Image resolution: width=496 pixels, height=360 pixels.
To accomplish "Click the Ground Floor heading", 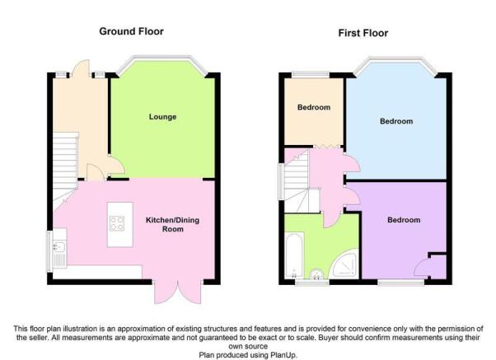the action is pyautogui.click(x=131, y=31).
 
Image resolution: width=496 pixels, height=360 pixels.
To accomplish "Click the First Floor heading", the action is pyautogui.click(x=363, y=33).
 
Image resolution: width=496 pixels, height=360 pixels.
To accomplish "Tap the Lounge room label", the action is pyautogui.click(x=162, y=117).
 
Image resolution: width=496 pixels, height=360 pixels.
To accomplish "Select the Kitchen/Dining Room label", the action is pyautogui.click(x=172, y=224).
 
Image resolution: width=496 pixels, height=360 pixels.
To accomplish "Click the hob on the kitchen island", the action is pyautogui.click(x=117, y=223).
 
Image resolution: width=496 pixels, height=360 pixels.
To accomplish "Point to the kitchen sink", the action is pyautogui.click(x=59, y=247).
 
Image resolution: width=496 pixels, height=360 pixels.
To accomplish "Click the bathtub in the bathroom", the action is pyautogui.click(x=294, y=255).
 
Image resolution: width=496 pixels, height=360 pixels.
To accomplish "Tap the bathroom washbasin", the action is pyautogui.click(x=316, y=274).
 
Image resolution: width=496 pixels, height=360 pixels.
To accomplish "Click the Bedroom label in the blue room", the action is pyautogui.click(x=396, y=121).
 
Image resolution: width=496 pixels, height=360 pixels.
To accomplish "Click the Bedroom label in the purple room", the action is pyautogui.click(x=404, y=220).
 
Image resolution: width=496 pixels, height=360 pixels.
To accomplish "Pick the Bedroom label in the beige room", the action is pyautogui.click(x=314, y=107).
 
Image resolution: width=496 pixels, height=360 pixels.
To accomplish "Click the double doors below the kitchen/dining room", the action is pyautogui.click(x=178, y=292).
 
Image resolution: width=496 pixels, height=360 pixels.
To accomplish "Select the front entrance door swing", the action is pyautogui.click(x=82, y=69).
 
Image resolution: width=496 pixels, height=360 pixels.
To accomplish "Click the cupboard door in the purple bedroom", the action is pyautogui.click(x=422, y=269).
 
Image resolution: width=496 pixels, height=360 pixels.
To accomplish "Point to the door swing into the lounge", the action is pyautogui.click(x=116, y=166).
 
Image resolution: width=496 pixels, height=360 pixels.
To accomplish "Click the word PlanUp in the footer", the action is pyautogui.click(x=283, y=355).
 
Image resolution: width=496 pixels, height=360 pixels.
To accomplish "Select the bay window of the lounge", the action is pyautogui.click(x=162, y=58).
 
